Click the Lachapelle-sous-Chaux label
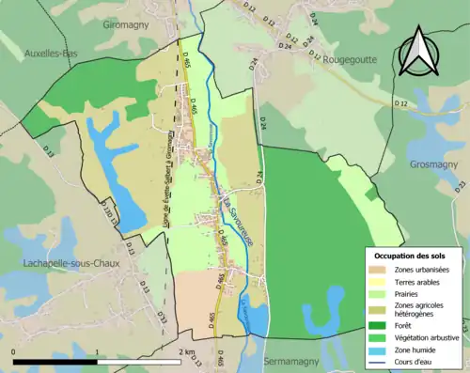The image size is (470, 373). [61, 263]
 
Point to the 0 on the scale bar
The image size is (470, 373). [13, 350]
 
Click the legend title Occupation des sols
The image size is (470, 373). [410, 256]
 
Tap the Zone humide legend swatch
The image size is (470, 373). [378, 349]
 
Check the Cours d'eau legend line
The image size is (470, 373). [378, 360]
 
